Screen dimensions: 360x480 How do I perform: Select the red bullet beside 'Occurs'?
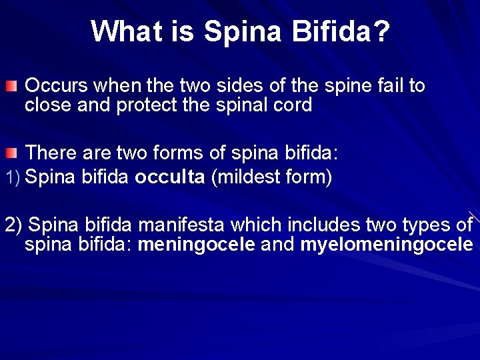pos(11,87)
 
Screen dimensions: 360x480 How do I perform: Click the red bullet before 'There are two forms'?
pos(11,155)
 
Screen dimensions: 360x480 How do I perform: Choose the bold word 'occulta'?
pos(169,178)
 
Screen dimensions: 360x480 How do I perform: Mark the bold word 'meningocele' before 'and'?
pos(196,244)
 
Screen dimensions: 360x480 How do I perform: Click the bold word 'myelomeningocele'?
pos(387,244)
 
